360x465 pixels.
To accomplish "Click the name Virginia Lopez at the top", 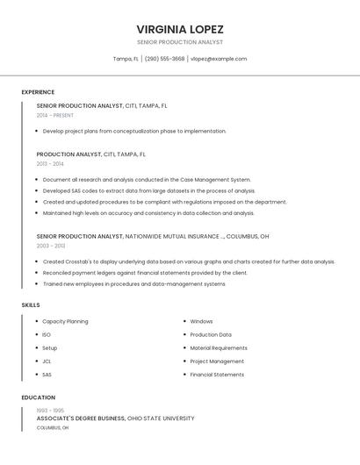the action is [x=180, y=29].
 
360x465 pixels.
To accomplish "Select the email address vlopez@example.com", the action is [x=219, y=59].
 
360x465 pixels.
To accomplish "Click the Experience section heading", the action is [x=38, y=92].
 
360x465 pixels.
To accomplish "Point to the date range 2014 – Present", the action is [x=55, y=115].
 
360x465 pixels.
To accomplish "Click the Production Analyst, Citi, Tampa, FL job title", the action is [x=91, y=154].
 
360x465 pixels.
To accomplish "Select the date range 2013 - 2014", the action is [x=50, y=163].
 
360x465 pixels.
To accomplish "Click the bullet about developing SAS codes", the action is [x=149, y=190].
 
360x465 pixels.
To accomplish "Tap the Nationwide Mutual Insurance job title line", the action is [x=153, y=236].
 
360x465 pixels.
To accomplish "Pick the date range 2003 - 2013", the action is [x=50, y=246].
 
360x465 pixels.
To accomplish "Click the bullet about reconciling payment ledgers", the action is [x=145, y=273].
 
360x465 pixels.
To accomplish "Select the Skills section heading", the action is [x=31, y=304].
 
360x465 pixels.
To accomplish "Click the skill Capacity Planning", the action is [x=65, y=321].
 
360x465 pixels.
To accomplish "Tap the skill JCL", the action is [x=47, y=361].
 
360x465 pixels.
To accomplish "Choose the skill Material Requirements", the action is [x=219, y=348].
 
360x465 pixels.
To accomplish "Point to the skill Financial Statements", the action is [x=217, y=375].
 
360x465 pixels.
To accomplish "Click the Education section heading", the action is [x=38, y=397].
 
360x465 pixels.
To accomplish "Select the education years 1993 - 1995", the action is [x=50, y=411].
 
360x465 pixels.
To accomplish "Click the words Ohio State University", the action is [x=162, y=418].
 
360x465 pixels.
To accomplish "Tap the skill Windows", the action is [x=201, y=321].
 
